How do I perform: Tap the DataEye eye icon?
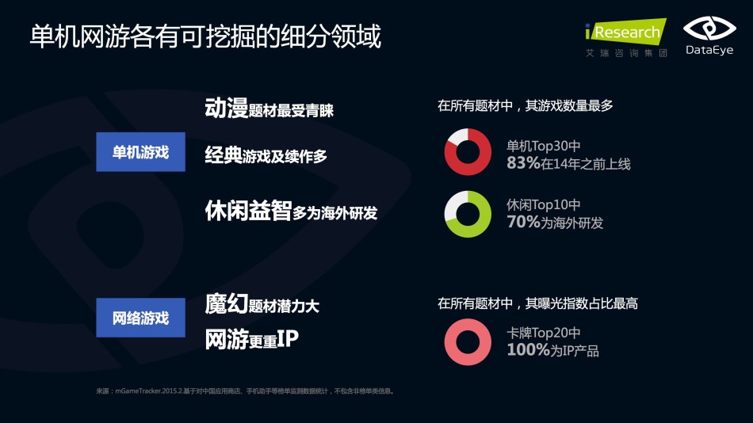click(x=709, y=29)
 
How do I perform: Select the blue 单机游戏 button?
click(x=141, y=152)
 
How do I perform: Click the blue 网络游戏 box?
click(x=141, y=318)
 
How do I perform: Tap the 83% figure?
click(x=523, y=163)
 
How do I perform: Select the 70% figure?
click(x=523, y=222)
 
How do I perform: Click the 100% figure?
click(x=528, y=349)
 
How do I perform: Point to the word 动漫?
click(x=226, y=108)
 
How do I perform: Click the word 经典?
click(x=224, y=155)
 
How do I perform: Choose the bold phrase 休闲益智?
click(x=248, y=210)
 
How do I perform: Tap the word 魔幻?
click(x=226, y=304)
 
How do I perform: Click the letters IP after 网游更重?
click(x=288, y=338)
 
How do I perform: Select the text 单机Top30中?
click(x=544, y=146)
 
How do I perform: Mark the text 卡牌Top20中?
click(x=544, y=333)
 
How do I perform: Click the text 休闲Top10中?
click(x=544, y=205)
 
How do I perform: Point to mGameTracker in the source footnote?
click(x=138, y=391)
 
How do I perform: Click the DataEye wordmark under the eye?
click(x=709, y=50)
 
